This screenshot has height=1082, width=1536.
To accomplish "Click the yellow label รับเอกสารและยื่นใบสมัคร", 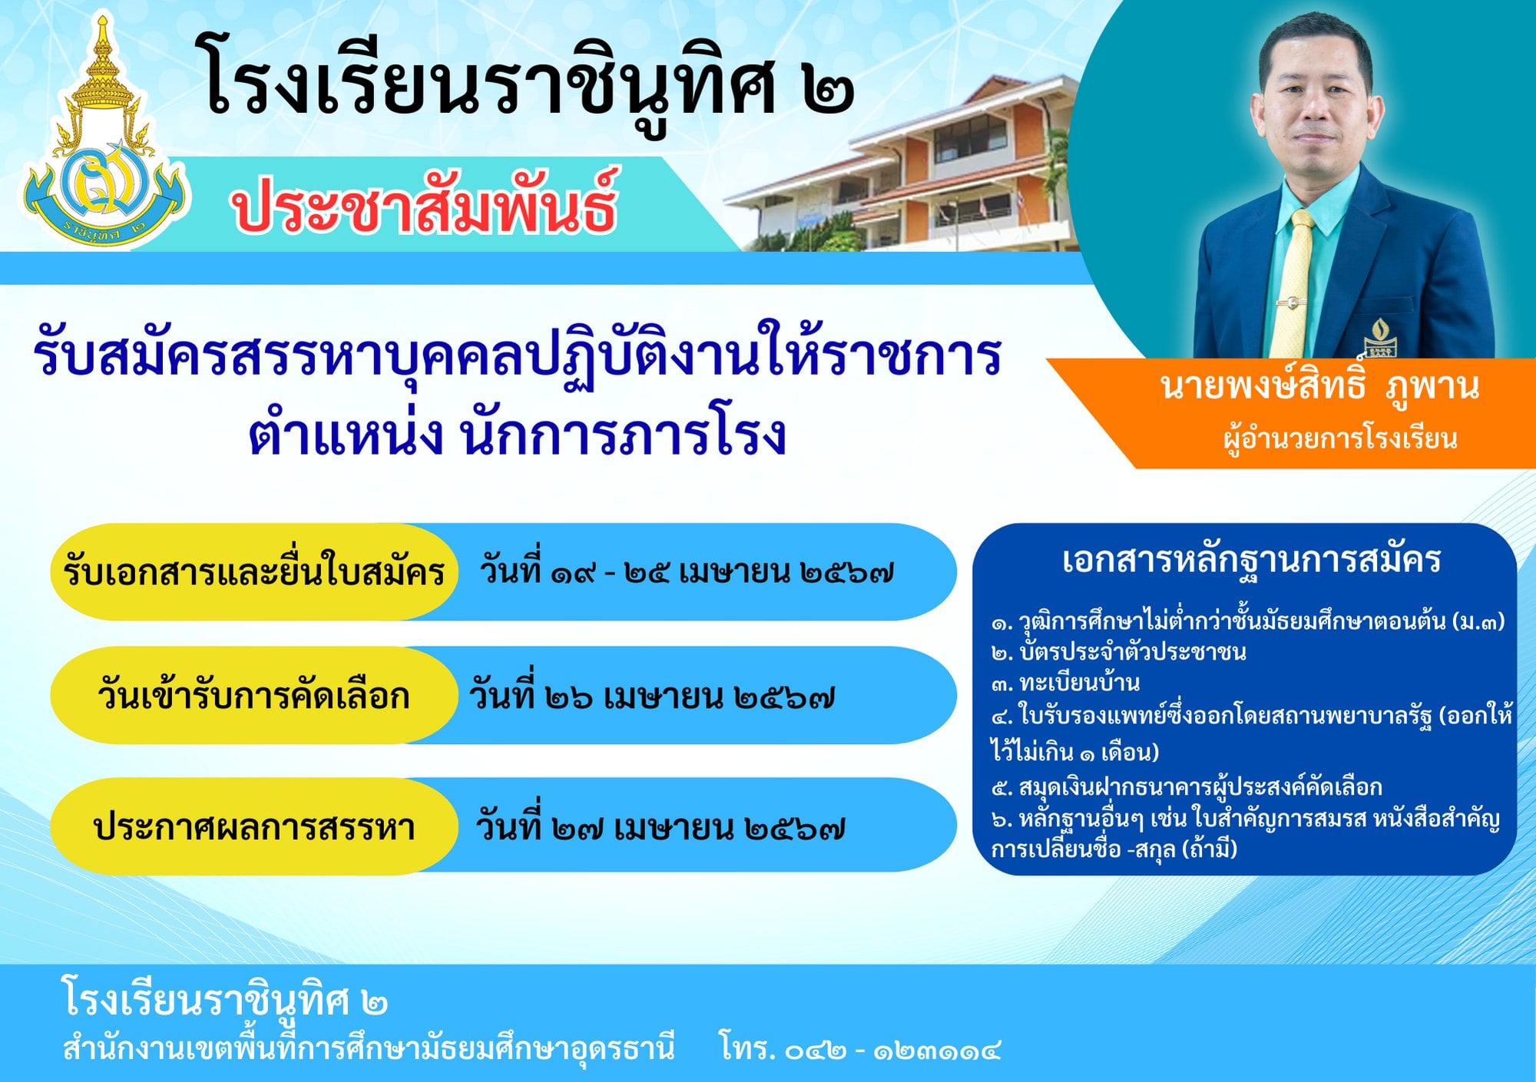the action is [x=254, y=571].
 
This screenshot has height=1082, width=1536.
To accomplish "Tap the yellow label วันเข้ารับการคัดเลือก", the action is [x=253, y=696].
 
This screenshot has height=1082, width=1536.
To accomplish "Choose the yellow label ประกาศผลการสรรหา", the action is [x=253, y=826].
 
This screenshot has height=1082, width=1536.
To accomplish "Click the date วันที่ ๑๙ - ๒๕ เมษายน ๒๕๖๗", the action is [x=687, y=570].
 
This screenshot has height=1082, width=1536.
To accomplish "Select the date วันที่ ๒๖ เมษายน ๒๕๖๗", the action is [x=651, y=694].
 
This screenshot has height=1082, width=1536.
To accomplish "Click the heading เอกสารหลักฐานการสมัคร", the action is [x=1251, y=561].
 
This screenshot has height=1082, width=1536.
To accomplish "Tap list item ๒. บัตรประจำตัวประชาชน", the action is [x=1118, y=652].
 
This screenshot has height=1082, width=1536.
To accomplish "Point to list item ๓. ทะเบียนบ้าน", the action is [x=1065, y=683].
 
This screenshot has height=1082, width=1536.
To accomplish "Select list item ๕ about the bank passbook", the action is [x=1187, y=786].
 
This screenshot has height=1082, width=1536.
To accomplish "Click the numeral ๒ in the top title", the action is [x=828, y=91].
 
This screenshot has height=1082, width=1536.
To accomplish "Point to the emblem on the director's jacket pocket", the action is [x=1379, y=336].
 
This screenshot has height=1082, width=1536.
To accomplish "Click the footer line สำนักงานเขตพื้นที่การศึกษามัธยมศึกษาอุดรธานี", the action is [x=369, y=1047].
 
